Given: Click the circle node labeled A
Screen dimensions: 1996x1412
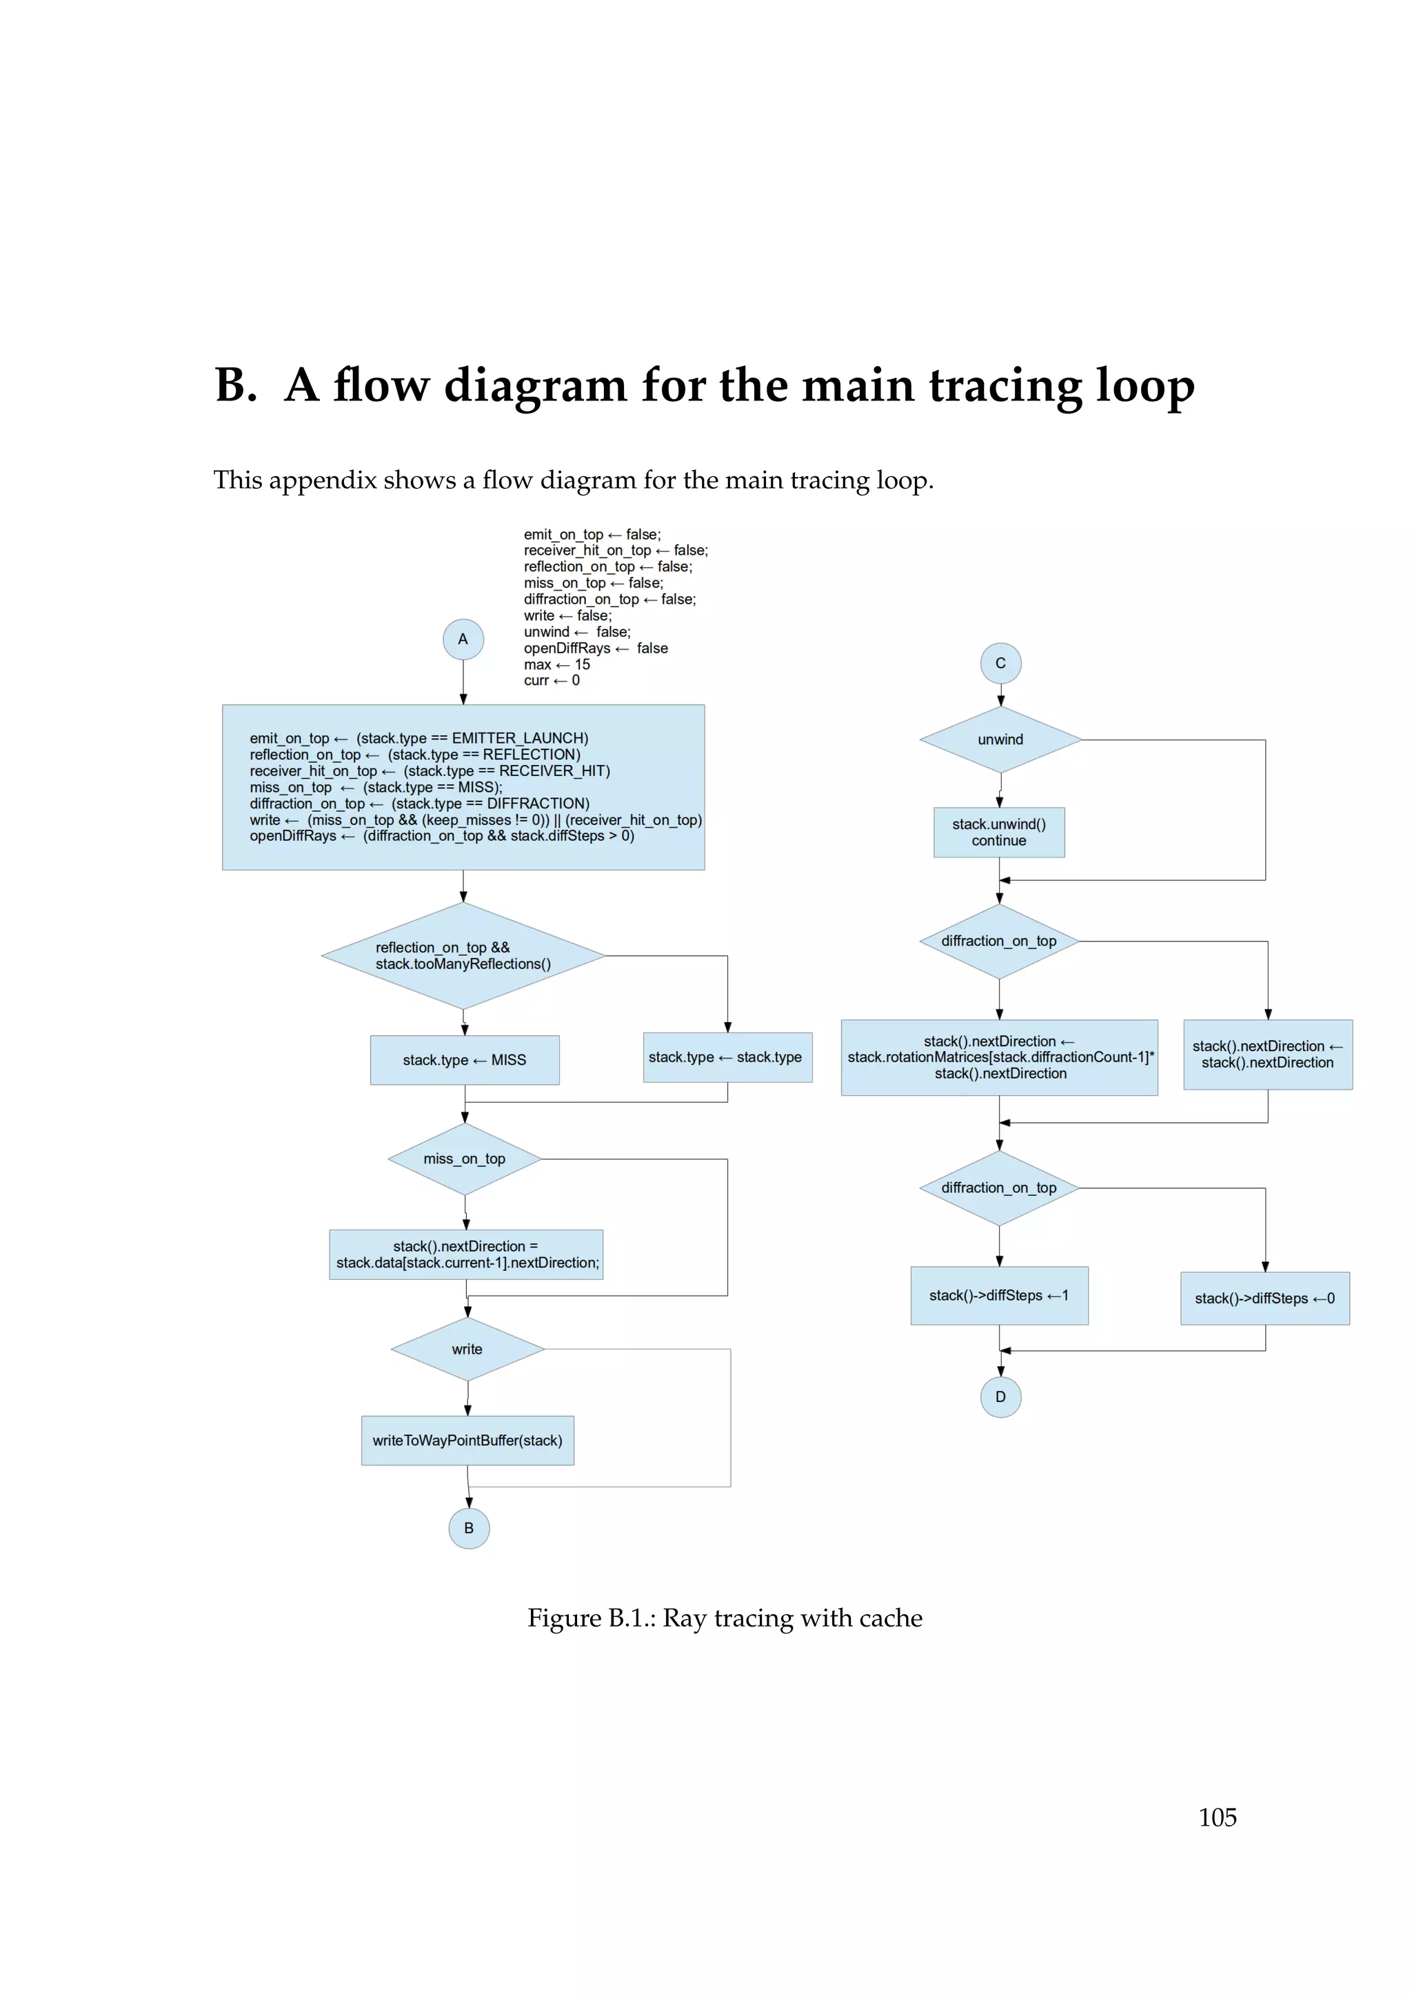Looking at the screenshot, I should (463, 639).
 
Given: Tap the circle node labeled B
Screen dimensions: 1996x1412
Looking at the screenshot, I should (469, 1527).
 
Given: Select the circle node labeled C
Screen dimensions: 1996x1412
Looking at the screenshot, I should (1000, 663).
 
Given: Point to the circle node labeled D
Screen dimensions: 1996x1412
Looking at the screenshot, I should (1000, 1396).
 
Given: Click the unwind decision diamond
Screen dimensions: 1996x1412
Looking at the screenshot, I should (1000, 739).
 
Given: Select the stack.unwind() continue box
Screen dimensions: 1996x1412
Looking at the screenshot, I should (999, 832).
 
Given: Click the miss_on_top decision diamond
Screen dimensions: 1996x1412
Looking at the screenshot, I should (464, 1158).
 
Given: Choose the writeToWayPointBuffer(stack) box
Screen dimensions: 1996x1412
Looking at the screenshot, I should (467, 1440).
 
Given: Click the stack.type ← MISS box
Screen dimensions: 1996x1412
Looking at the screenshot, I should (464, 1060).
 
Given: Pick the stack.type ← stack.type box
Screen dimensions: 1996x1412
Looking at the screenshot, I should (727, 1057).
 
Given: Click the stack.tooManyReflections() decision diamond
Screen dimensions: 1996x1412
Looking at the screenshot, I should (463, 955).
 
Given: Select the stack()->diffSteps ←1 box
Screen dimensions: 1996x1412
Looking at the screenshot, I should (999, 1294).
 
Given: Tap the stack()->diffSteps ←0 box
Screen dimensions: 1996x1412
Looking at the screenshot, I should (1264, 1298).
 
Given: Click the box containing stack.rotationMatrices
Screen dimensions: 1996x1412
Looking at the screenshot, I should (999, 1057).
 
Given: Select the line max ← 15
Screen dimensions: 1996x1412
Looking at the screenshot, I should (556, 664).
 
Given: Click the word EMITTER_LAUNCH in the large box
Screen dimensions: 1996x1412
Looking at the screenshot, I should (520, 738).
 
